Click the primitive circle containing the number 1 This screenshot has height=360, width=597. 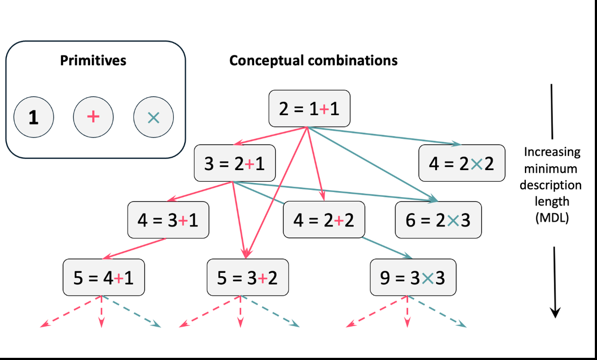pos(34,117)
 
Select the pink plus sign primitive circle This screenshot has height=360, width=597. pos(93,117)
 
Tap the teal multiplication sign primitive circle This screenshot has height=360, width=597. pos(154,117)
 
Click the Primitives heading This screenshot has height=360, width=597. pos(93,60)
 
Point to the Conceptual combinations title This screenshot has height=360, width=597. pos(313,60)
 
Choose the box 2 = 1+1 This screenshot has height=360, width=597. pos(309,108)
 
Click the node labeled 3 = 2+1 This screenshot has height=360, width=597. pos(235,163)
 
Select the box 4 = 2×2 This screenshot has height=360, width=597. pos(462,163)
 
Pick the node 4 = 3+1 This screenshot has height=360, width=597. pos(168,220)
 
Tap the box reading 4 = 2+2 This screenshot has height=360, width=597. pos(324,220)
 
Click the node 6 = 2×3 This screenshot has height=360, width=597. pos(438,220)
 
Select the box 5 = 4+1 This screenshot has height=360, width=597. pos(104,277)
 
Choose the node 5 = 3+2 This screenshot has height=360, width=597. pos(248,277)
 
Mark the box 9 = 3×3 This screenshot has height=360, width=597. pos(413,277)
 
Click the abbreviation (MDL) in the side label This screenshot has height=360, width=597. pos(552,218)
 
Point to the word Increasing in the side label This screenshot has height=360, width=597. pos(552,152)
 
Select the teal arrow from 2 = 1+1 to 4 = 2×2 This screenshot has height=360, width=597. pos(384,136)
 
